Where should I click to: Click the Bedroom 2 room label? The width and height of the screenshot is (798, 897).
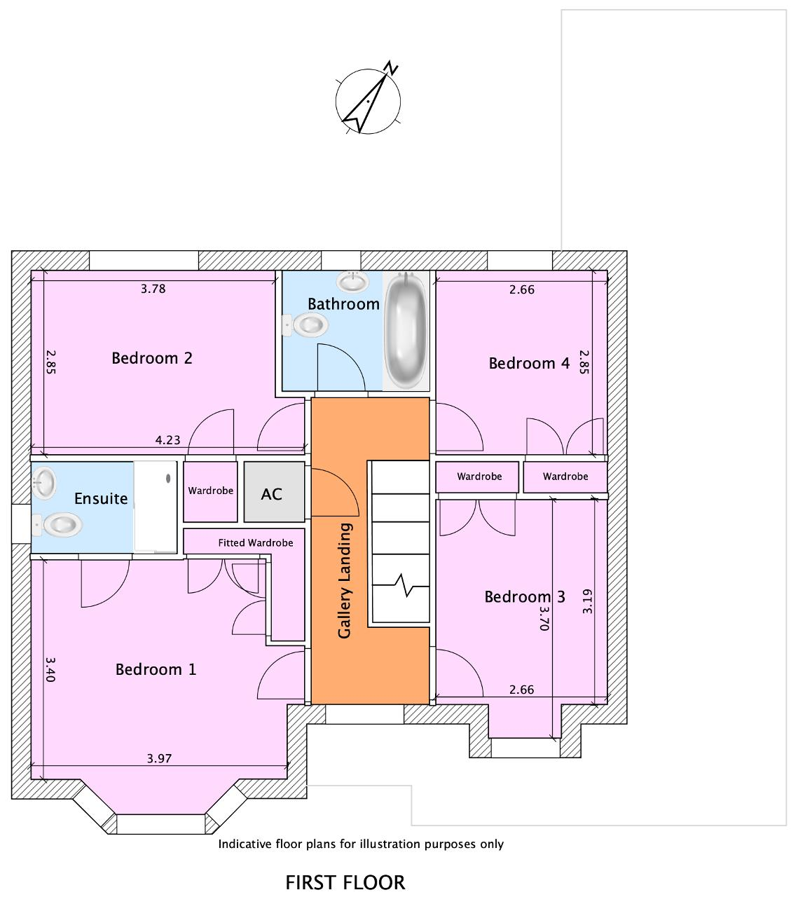pyautogui.click(x=152, y=358)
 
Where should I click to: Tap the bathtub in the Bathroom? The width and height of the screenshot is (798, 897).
pyautogui.click(x=406, y=330)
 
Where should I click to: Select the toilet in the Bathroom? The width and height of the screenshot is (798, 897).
pyautogui.click(x=305, y=325)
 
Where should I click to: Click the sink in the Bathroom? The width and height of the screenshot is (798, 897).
pyautogui.click(x=352, y=282)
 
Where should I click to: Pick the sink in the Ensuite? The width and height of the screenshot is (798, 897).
pyautogui.click(x=43, y=483)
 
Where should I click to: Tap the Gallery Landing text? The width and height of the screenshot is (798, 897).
pyautogui.click(x=345, y=580)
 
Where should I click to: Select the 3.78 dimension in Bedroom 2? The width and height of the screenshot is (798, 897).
pyautogui.click(x=153, y=289)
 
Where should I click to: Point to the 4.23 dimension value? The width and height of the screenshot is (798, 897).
pyautogui.click(x=167, y=440)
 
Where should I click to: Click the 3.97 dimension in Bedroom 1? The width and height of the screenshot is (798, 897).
pyautogui.click(x=159, y=758)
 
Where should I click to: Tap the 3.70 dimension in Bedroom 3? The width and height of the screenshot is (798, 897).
pyautogui.click(x=544, y=618)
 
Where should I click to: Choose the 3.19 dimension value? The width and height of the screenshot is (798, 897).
pyautogui.click(x=587, y=601)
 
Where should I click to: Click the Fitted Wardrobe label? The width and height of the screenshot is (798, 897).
pyautogui.click(x=256, y=543)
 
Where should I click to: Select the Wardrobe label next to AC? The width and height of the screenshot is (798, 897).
pyautogui.click(x=211, y=491)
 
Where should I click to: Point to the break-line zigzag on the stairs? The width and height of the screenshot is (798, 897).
pyautogui.click(x=401, y=586)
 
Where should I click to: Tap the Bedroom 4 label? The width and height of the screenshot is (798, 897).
pyautogui.click(x=529, y=364)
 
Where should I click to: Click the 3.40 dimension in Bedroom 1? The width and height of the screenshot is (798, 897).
pyautogui.click(x=50, y=669)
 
